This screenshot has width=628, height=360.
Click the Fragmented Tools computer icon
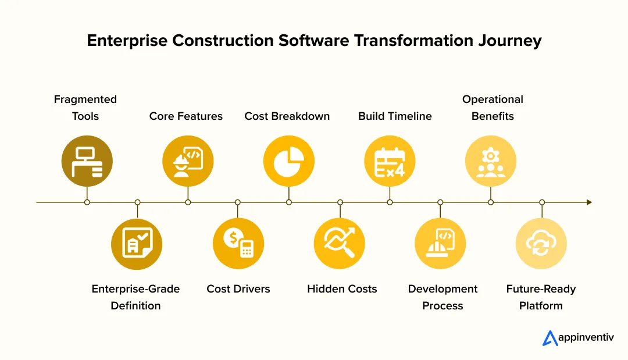click(x=87, y=161)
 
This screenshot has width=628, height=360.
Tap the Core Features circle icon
click(x=188, y=161)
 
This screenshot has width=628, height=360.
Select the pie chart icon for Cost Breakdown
click(x=289, y=161)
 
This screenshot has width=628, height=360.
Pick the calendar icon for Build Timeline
click(x=390, y=161)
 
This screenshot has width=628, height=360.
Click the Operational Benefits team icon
click(x=491, y=161)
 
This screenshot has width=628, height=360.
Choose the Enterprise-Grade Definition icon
click(x=137, y=244)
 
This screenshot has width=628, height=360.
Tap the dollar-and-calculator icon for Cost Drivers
click(x=238, y=244)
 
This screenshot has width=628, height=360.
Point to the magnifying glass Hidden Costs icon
click(x=339, y=244)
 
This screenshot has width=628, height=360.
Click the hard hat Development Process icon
click(x=440, y=244)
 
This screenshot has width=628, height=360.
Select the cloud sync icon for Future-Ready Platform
click(x=541, y=244)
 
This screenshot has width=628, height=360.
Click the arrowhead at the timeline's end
click(x=589, y=202)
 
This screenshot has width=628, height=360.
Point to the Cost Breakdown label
click(x=287, y=116)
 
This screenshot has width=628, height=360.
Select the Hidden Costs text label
click(x=342, y=288)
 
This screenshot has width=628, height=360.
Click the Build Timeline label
click(x=395, y=116)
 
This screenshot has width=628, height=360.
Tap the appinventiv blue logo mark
click(x=550, y=338)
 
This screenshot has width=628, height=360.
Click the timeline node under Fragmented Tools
click(x=87, y=202)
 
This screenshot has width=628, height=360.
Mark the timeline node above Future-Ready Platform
click(x=542, y=202)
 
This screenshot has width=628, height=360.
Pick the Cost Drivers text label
click(x=238, y=288)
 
